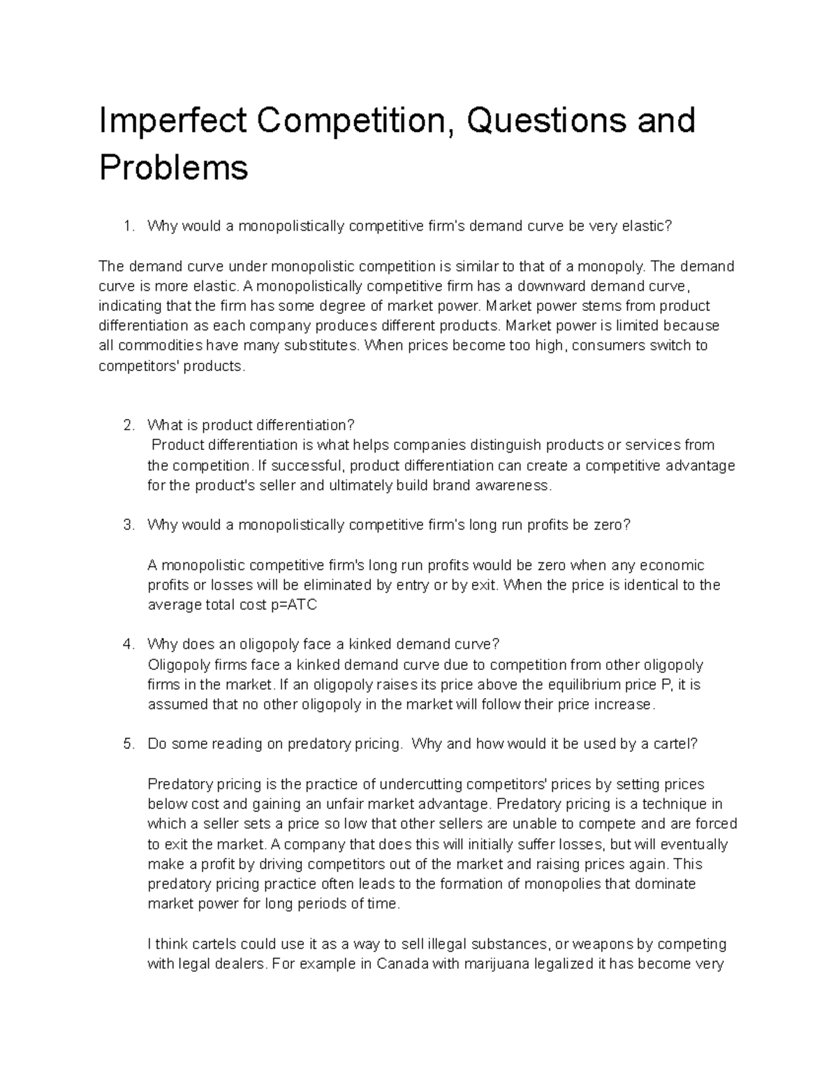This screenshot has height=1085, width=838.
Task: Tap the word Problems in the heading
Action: click(173, 168)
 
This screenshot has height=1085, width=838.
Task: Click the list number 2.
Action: click(127, 425)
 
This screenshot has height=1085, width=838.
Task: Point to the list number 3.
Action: click(127, 525)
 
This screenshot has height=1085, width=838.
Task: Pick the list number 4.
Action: click(127, 644)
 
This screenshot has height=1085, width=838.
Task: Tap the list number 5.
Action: click(127, 744)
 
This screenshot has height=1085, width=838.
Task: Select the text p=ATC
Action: click(293, 605)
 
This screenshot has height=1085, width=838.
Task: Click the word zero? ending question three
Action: click(612, 525)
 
